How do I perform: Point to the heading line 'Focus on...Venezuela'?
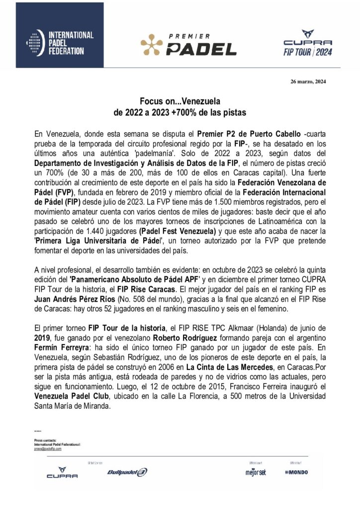[180, 100]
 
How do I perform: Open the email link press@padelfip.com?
[48, 448]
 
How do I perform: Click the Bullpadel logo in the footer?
[127, 472]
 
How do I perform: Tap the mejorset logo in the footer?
[255, 472]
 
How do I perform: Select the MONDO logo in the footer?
[296, 472]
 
